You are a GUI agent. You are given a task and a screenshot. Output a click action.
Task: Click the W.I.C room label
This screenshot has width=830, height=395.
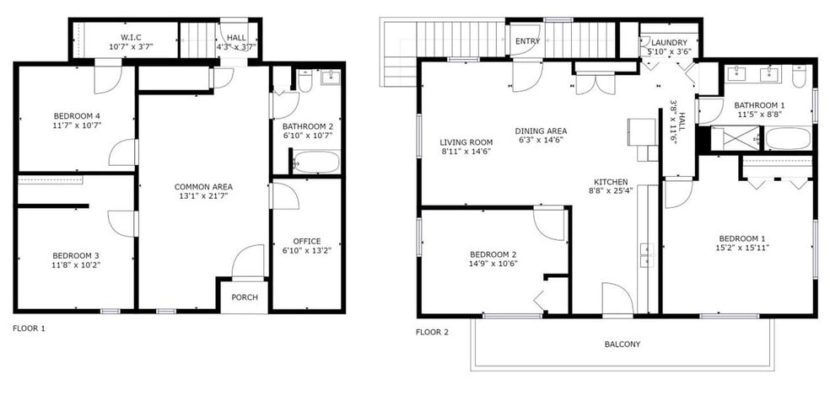point(130,36)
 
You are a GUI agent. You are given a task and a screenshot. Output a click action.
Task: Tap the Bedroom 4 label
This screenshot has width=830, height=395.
point(76,117)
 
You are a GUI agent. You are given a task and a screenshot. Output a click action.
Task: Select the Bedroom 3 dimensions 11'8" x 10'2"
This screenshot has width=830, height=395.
point(76,265)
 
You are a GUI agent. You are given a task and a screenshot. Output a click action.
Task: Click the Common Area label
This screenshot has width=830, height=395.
point(203,186)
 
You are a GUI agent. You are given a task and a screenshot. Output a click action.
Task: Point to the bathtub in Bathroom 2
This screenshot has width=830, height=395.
point(316,161)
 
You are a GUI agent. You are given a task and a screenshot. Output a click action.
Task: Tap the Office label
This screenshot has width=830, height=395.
point(306,241)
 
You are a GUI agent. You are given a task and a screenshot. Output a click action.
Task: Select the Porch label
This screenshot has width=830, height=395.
point(244,297)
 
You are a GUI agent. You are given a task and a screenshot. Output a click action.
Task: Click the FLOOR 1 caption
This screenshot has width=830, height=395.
point(29,328)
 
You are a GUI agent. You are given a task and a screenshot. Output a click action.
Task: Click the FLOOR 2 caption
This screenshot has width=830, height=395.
point(432,332)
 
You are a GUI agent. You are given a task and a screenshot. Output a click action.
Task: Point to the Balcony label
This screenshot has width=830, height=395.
point(622,344)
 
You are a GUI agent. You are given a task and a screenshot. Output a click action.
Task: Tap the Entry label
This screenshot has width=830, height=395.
point(527,41)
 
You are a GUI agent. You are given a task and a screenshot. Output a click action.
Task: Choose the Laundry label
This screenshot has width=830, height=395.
point(667,42)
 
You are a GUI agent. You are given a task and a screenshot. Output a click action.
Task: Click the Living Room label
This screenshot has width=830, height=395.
point(466,142)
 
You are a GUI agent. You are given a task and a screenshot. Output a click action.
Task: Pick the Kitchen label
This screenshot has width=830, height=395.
point(610,181)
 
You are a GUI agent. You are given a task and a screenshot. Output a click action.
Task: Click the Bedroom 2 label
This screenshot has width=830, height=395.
point(493,254)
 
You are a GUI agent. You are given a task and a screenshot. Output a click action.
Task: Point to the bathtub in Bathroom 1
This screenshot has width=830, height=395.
point(788,138)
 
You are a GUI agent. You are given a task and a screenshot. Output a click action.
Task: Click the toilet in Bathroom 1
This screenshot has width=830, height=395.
point(800,79)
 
